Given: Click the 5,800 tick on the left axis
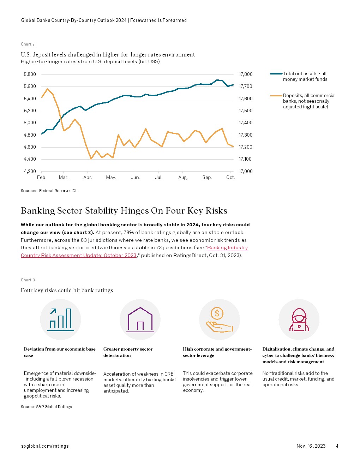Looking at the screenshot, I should (x=30, y=74).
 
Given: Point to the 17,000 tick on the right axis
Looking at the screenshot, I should (x=246, y=172).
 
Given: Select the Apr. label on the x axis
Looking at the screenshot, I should (x=88, y=178).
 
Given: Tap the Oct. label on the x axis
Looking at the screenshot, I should (x=230, y=178).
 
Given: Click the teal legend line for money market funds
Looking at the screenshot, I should (x=276, y=74).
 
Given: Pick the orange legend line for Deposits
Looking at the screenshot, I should (x=276, y=96).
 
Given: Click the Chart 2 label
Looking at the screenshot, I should (x=28, y=44).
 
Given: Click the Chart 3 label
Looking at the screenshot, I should (x=28, y=280).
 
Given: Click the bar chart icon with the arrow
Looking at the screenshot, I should (x=60, y=319).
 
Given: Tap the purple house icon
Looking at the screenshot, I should (x=140, y=319).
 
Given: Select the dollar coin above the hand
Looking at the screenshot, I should (x=217, y=313).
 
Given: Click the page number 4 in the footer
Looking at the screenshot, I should (x=337, y=446).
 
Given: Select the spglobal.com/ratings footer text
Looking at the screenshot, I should (x=45, y=446).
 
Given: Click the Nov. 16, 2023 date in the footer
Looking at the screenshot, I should (x=311, y=446).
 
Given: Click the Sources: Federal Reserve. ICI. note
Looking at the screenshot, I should (x=49, y=191).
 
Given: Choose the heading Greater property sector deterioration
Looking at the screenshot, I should (x=128, y=352).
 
